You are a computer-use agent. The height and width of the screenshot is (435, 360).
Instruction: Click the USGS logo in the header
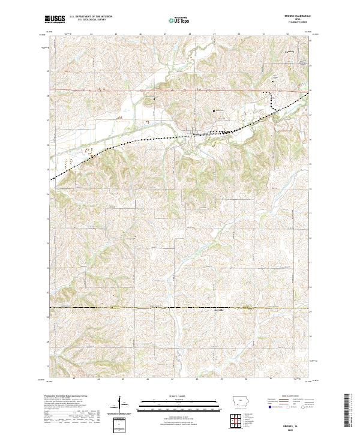click(56, 19)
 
